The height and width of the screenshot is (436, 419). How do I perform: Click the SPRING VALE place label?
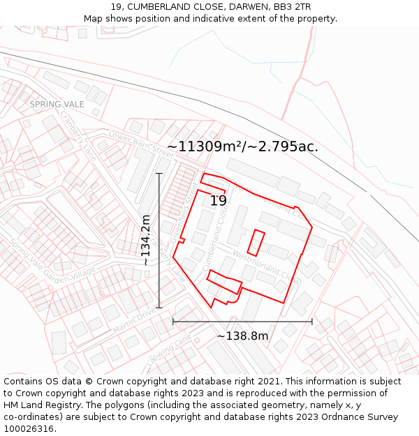(57, 104)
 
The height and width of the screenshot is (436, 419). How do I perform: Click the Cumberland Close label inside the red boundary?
(216, 241)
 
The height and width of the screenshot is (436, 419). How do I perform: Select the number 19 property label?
(219, 201)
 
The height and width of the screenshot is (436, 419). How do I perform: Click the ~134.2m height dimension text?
(146, 240)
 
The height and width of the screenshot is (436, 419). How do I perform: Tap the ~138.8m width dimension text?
(242, 336)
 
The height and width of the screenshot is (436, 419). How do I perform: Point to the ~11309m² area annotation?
(242, 146)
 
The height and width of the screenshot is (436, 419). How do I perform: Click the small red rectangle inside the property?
(256, 241)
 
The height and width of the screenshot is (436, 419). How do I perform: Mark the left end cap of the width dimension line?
(173, 322)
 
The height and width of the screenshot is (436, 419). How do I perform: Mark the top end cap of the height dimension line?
(159, 173)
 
